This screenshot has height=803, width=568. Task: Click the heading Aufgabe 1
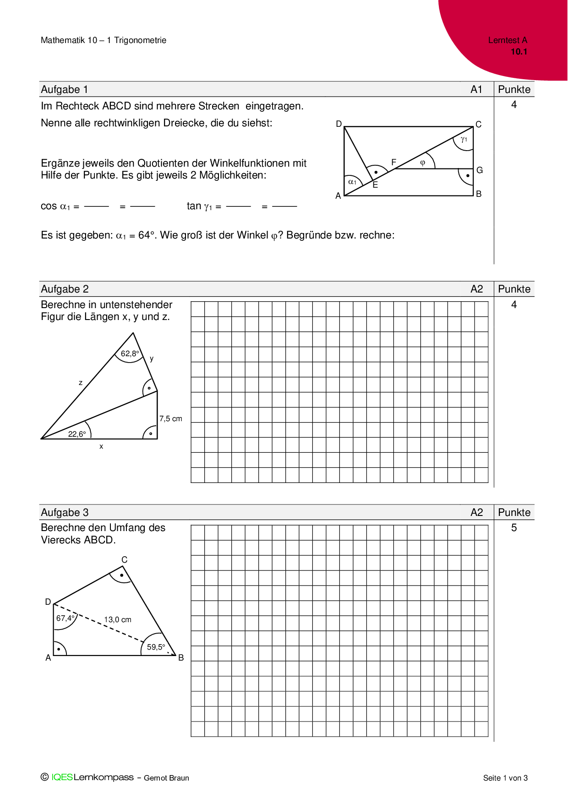pos(65,89)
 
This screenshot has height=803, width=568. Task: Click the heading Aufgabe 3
pos(65,512)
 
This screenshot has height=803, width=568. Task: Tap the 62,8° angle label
pos(130,353)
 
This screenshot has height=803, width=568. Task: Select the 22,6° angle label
pos(77,434)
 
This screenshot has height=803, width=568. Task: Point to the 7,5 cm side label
pos(170,418)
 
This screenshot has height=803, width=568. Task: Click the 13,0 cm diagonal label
pos(118,619)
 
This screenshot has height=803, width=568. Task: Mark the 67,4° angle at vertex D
pos(65,618)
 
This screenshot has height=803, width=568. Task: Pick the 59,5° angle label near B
pos(156,647)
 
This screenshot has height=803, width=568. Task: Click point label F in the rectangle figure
pos(393,162)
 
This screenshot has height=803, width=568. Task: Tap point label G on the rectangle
pos(480,170)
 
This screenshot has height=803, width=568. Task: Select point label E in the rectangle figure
pos(375,185)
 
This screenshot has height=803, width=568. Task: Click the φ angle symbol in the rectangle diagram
pos(423,163)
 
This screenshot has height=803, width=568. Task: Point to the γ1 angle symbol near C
pos(464,139)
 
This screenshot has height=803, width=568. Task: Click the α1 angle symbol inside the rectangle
pos(352,182)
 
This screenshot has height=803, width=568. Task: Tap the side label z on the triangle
pos(81,383)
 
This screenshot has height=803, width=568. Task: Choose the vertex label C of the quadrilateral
pos(124,559)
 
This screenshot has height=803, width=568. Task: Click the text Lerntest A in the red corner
pos(508,40)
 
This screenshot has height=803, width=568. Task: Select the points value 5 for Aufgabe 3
pos(514,528)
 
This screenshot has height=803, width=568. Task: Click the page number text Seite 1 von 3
pos(505,778)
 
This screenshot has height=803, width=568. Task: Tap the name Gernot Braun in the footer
pos(166,778)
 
